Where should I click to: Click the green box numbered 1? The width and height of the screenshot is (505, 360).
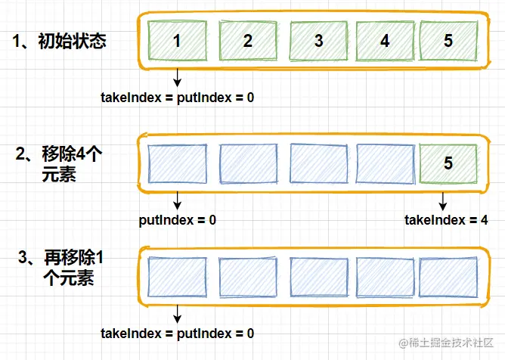tap(177, 41)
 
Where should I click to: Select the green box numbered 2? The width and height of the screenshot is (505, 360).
tap(248, 41)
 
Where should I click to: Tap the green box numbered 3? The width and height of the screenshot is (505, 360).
tap(318, 41)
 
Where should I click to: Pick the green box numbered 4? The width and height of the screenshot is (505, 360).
tap(385, 41)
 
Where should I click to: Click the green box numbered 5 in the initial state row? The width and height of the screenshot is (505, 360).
tap(448, 41)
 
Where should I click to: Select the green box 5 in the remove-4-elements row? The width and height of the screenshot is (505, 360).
tap(448, 161)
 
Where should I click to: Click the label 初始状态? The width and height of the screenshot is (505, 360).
tap(60, 41)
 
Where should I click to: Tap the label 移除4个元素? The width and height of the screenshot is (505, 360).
tap(64, 163)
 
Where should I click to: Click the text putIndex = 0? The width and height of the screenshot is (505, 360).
tap(178, 220)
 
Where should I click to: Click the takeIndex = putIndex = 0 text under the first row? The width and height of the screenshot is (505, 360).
tap(177, 97)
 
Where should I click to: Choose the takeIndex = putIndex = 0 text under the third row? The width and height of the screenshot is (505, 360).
tap(177, 333)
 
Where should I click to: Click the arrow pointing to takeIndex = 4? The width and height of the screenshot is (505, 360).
tap(443, 200)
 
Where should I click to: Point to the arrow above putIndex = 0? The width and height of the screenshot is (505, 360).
tap(177, 200)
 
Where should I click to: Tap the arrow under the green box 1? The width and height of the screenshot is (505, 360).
tap(177, 77)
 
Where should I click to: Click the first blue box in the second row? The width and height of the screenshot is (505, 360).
tap(177, 161)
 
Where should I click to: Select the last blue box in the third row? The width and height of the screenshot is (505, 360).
tap(448, 277)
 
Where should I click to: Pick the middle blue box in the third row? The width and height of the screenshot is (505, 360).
tap(318, 277)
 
